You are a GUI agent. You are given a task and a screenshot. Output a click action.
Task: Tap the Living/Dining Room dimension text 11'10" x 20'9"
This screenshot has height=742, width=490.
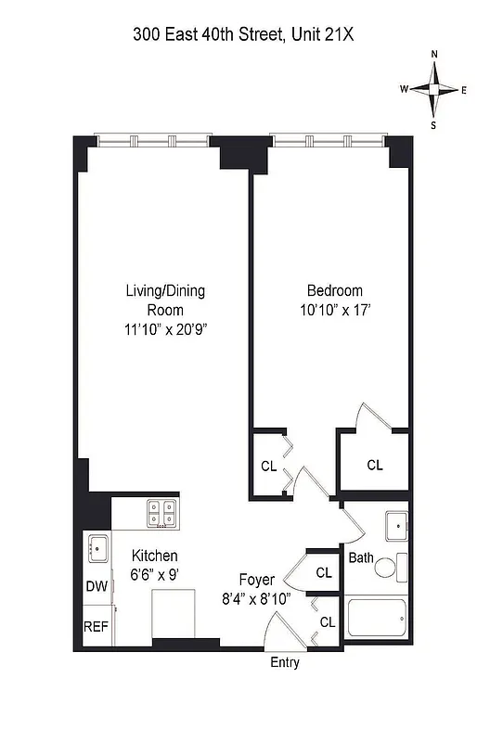(x=165, y=328)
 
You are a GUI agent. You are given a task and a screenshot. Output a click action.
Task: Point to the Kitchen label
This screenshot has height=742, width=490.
(x=154, y=556)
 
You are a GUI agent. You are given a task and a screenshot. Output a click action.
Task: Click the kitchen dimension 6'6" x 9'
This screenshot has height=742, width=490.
(x=154, y=573)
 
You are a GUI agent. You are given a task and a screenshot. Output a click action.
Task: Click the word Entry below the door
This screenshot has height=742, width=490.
(x=285, y=663)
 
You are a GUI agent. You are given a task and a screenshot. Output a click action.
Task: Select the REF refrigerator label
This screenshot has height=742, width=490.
(x=97, y=626)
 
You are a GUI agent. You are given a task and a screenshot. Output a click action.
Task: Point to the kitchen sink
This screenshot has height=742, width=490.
(x=97, y=547)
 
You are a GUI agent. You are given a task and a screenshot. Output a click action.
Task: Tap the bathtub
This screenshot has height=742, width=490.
(x=376, y=617)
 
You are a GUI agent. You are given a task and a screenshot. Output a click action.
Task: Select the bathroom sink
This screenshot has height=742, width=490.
(x=396, y=526)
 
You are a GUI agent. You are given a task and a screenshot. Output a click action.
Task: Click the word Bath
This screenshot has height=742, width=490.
(x=361, y=558)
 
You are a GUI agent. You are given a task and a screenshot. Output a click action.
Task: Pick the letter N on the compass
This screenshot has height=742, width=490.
(x=434, y=55)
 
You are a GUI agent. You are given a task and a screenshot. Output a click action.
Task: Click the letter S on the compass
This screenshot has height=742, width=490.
(x=433, y=123)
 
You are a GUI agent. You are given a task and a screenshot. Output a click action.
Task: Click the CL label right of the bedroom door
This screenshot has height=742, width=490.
(x=374, y=466)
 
